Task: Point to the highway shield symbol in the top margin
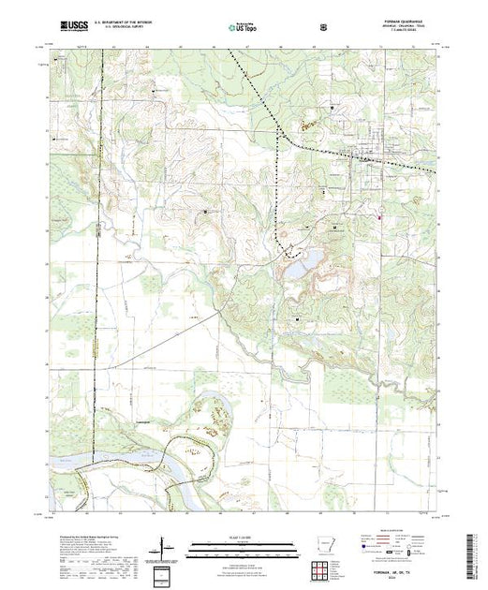point(323,25)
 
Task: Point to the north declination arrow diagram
point(164,543)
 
